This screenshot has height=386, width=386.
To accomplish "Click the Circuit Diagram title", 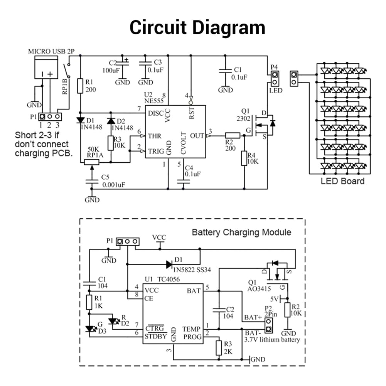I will pyautogui.click(x=197, y=28).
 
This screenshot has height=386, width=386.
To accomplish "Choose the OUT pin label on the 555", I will pyautogui.click(x=197, y=136).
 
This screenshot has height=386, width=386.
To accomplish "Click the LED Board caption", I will pyautogui.click(x=342, y=180).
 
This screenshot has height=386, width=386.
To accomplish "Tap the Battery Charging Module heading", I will pyautogui.click(x=242, y=232).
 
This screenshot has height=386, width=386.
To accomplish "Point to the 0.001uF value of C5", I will pyautogui.click(x=114, y=185).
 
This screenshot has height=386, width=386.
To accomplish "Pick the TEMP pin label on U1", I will pyautogui.click(x=192, y=329).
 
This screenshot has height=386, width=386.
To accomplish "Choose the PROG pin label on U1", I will pyautogui.click(x=192, y=337).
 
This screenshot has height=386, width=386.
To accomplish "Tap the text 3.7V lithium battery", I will pyautogui.click(x=272, y=340).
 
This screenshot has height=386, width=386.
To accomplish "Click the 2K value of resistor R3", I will pyautogui.click(x=228, y=352).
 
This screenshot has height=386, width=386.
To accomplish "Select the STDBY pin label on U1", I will pyautogui.click(x=156, y=336).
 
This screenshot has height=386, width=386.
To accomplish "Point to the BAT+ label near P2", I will pyautogui.click(x=252, y=317).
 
